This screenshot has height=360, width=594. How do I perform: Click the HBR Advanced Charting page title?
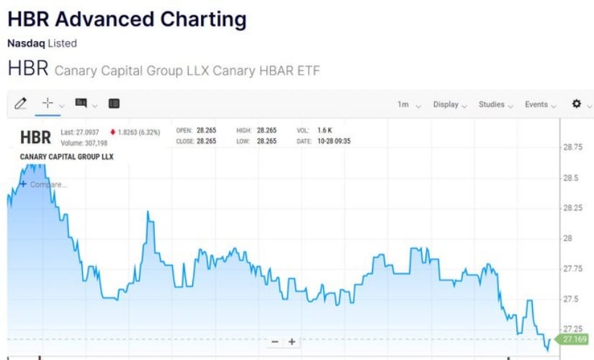(127, 19)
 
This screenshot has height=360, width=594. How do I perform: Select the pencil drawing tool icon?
(20, 104)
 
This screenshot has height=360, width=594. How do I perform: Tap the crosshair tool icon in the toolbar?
(48, 104)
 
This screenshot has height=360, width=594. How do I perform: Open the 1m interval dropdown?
(408, 104)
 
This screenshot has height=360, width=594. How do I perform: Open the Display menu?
(450, 104)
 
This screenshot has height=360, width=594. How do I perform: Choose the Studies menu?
(495, 104)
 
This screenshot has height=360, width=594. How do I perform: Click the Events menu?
(540, 104)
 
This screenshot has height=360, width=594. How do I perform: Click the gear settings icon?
(576, 104)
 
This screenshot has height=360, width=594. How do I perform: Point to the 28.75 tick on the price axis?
(573, 147)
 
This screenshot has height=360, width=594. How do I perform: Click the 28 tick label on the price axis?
(568, 238)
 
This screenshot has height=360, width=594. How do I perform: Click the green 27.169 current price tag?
(575, 339)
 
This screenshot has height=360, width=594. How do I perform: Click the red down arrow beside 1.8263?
(113, 132)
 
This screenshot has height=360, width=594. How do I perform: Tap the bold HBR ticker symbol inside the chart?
(36, 137)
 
